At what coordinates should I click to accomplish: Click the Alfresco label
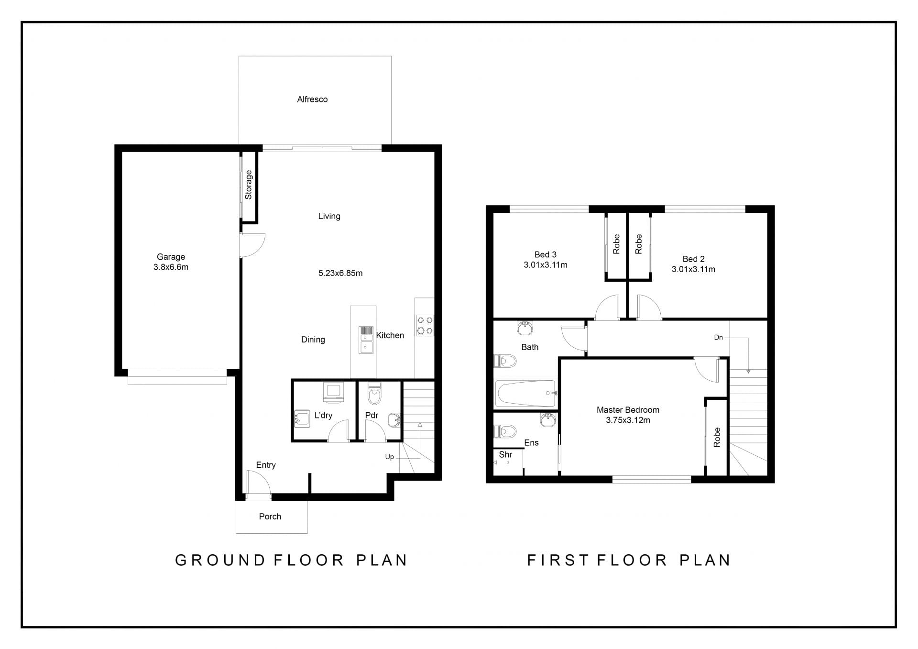(312, 99)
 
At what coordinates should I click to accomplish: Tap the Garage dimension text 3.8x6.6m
(171, 267)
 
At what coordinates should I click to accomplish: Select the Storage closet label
(249, 185)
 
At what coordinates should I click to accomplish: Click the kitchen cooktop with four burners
(425, 325)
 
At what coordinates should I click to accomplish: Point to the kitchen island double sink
(366, 340)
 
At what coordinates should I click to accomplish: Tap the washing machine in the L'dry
(333, 391)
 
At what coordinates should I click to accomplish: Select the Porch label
(270, 517)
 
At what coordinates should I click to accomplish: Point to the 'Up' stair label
(390, 457)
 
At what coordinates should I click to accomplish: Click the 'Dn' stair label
(719, 337)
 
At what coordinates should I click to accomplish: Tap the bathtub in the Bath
(526, 393)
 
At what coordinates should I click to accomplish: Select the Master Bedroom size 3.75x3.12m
(628, 420)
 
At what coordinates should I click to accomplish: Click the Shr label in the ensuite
(505, 455)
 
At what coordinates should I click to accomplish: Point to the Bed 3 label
(546, 254)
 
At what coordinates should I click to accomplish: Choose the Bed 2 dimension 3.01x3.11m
(693, 269)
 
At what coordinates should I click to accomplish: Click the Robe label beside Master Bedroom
(717, 438)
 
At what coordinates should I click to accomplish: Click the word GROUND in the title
(220, 560)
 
